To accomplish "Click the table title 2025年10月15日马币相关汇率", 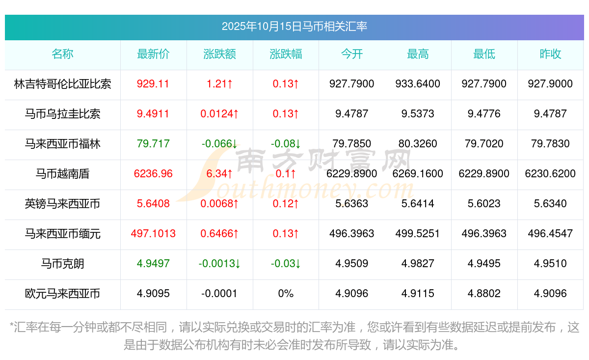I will (294, 27).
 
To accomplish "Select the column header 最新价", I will (153, 55).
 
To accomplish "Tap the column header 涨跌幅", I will (286, 55).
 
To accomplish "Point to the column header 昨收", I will (550, 55).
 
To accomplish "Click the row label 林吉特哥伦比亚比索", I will (62, 84).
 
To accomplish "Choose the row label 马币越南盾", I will (62, 174).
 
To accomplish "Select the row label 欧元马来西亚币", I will (62, 294).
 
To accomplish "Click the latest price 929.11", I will (153, 84).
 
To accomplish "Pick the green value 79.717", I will (153, 144).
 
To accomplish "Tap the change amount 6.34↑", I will (219, 174).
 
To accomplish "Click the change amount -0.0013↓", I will (219, 264).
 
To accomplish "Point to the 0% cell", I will (286, 294).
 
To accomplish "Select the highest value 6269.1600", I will (418, 174).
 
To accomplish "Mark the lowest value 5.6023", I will (484, 204).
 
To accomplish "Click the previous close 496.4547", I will (550, 234).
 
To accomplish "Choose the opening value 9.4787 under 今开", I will (352, 114).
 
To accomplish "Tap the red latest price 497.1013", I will (153, 234).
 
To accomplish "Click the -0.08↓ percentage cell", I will (286, 144).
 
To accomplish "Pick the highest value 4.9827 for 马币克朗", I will (418, 264).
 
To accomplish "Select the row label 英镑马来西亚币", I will (62, 204).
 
